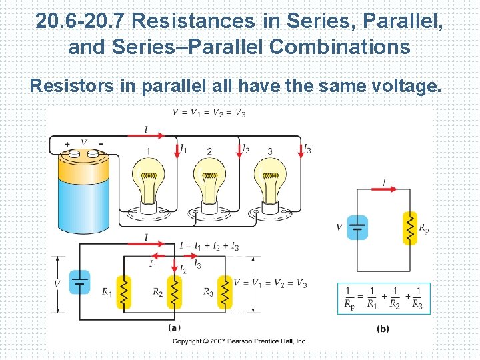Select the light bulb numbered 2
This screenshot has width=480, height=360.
click(211, 183)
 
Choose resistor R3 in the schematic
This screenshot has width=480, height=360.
click(225, 292)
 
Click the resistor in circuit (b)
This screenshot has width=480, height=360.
click(409, 228)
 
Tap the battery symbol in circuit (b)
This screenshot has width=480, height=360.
click(357, 228)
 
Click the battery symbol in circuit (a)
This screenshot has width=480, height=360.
click(80, 283)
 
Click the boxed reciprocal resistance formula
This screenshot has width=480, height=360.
click(384, 298)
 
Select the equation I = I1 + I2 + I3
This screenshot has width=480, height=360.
click(209, 247)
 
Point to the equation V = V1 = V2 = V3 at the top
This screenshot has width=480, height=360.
click(209, 113)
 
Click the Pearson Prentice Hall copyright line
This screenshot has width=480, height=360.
click(239, 341)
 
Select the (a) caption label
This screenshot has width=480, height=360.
click(173, 328)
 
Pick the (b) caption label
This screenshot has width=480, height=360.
click(383, 328)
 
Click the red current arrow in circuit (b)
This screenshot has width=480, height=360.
click(384, 189)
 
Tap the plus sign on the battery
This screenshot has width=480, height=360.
click(67, 144)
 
